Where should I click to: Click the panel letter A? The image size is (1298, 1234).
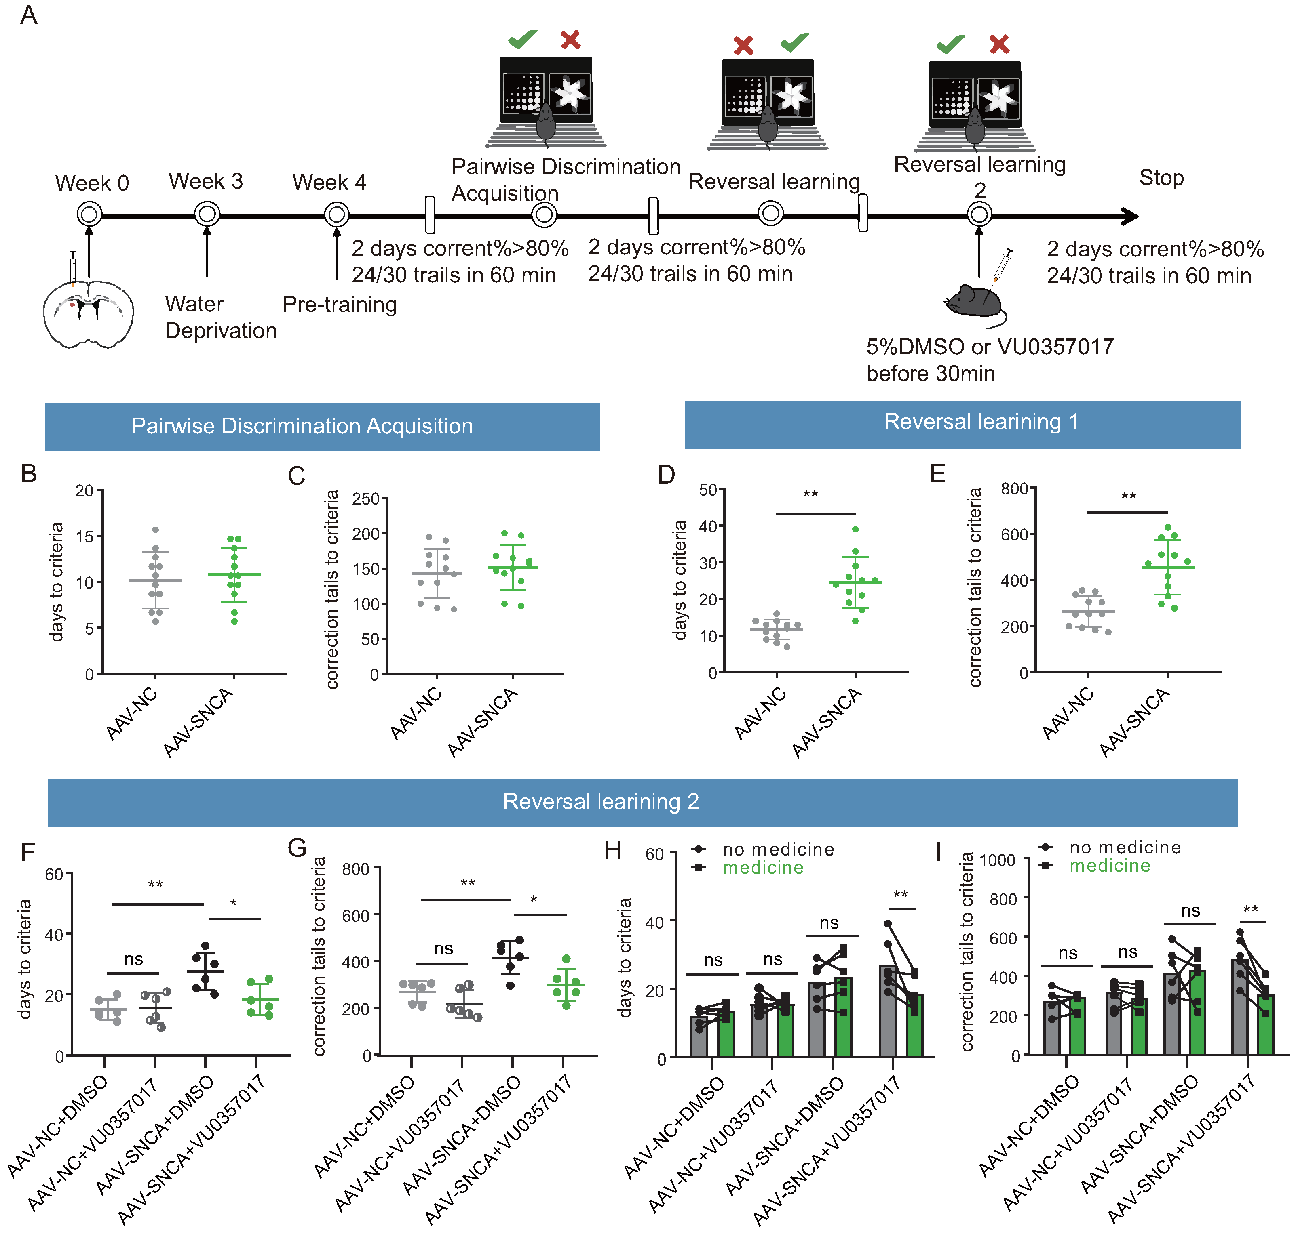pyautogui.click(x=28, y=15)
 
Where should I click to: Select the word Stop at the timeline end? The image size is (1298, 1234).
pyautogui.click(x=1161, y=178)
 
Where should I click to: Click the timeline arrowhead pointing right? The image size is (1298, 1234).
pyautogui.click(x=1129, y=216)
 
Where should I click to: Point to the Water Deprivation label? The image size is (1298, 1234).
pyautogui.click(x=220, y=317)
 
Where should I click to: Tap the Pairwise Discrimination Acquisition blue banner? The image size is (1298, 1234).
pyautogui.click(x=322, y=426)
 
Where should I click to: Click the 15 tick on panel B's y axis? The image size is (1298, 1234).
pyautogui.click(x=84, y=536)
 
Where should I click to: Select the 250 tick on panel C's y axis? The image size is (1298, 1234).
pyautogui.click(x=365, y=498)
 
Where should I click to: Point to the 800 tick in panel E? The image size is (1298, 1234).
pyautogui.click(x=1014, y=489)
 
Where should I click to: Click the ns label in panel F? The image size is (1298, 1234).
pyautogui.click(x=134, y=959)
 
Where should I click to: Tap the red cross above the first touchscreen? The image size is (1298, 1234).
pyautogui.click(x=570, y=40)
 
